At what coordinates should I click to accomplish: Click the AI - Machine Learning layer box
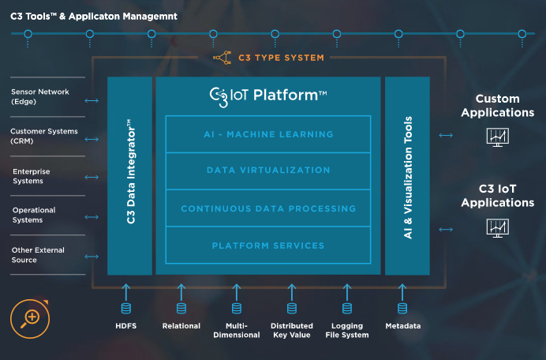(268, 134)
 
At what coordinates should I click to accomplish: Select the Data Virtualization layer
(268, 171)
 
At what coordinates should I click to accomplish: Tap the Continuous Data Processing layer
(268, 208)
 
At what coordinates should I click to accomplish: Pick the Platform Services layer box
(268, 246)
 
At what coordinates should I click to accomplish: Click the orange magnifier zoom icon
(31, 317)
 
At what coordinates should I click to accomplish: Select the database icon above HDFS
(125, 308)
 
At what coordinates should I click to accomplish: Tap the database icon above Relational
(181, 308)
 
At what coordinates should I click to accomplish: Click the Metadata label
(402, 326)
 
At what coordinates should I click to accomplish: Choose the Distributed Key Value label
(292, 330)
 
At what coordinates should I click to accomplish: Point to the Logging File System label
(347, 330)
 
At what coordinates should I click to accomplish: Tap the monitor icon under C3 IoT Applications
(497, 227)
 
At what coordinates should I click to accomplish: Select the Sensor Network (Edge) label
(39, 96)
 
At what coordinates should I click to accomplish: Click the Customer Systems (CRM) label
(43, 136)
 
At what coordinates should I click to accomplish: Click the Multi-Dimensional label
(237, 330)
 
